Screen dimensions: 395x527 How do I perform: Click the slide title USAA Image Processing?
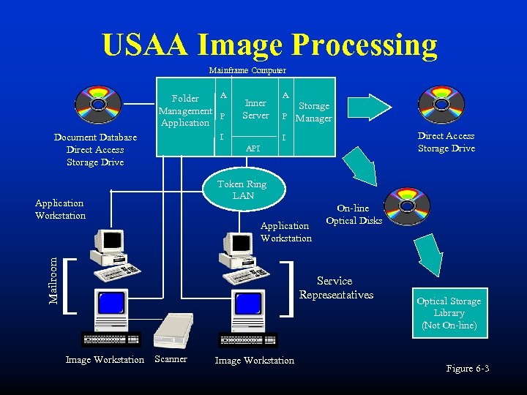coord(269,45)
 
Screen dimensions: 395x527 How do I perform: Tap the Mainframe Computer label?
coord(247,70)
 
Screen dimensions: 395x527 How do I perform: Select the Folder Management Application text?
coord(185,110)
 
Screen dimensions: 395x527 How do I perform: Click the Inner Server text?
coord(255,109)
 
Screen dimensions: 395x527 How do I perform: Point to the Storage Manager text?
coord(313,112)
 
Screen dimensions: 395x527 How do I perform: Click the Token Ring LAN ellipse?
coord(242,189)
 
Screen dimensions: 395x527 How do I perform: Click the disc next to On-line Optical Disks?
coord(408,206)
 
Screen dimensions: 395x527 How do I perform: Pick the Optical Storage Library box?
coord(449,312)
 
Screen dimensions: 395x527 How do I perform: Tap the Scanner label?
coord(171,359)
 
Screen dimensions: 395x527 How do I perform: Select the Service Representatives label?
coord(336,287)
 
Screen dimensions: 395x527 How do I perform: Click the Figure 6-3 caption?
coord(468,369)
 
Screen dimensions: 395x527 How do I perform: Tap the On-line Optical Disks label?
coord(354,214)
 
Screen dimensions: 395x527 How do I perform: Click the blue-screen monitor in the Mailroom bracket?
coord(111,305)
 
